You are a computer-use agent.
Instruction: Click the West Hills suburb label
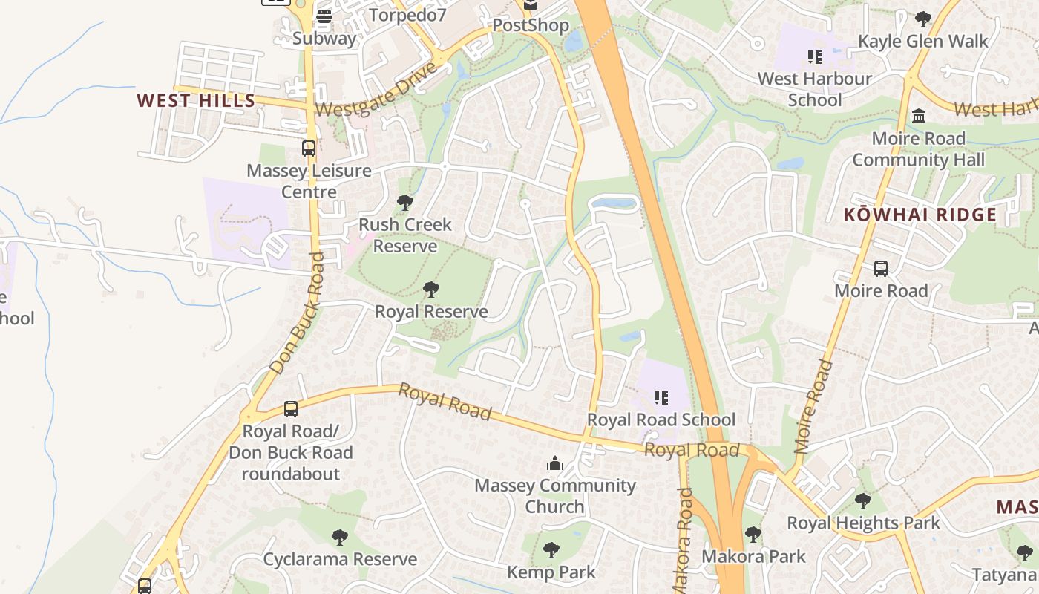pyautogui.click(x=196, y=101)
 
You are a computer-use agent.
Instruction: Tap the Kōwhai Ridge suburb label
pyautogui.click(x=920, y=215)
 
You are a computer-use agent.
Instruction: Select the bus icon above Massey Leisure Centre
pyautogui.click(x=309, y=148)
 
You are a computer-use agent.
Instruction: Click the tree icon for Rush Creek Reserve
pyautogui.click(x=405, y=202)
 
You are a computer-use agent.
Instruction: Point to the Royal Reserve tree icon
pyautogui.click(x=430, y=290)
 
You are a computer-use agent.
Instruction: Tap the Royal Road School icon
pyautogui.click(x=661, y=398)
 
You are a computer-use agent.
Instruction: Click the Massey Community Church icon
pyautogui.click(x=554, y=464)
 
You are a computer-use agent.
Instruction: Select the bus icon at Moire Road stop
pyautogui.click(x=881, y=269)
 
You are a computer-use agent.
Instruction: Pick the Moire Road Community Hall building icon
pyautogui.click(x=919, y=117)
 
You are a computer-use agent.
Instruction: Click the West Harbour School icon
pyautogui.click(x=814, y=57)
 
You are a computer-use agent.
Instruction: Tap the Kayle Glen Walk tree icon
pyautogui.click(x=922, y=19)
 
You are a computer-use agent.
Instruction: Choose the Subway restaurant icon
pyautogui.click(x=324, y=16)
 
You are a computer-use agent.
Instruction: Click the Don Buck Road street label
pyautogui.click(x=298, y=313)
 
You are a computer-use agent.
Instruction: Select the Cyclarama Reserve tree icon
pyautogui.click(x=340, y=537)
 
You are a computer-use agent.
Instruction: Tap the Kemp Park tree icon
pyautogui.click(x=551, y=550)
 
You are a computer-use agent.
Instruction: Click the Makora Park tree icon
pyautogui.click(x=753, y=534)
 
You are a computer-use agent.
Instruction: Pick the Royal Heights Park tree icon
pyautogui.click(x=862, y=501)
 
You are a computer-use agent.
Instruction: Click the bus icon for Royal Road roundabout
pyautogui.click(x=291, y=409)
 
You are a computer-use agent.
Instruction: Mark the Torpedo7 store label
pyautogui.click(x=407, y=15)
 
